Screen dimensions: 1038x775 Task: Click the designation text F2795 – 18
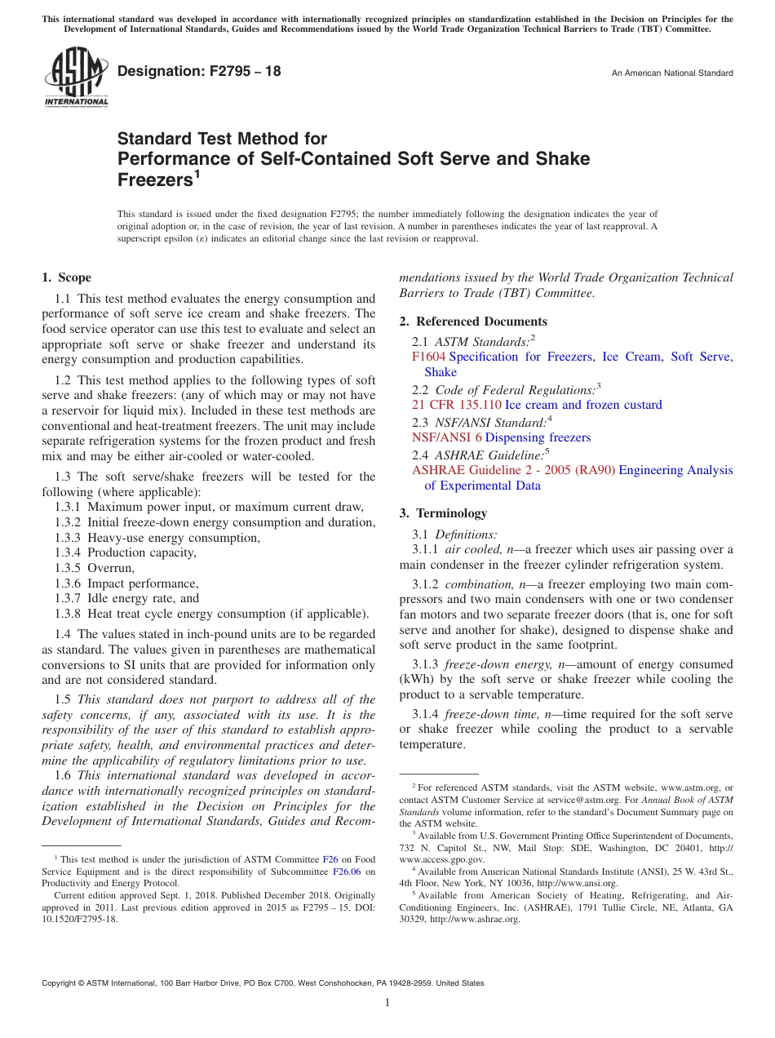199,71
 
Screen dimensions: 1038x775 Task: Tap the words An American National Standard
672,73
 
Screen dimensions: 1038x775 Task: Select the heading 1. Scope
67,277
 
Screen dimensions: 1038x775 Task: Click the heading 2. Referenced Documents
473,322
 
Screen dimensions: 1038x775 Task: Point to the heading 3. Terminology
443,513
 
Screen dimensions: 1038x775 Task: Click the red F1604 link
428,357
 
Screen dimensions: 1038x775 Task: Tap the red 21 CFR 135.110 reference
456,405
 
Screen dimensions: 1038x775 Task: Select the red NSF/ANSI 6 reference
446,437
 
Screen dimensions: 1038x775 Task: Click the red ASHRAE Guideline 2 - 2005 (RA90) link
513,470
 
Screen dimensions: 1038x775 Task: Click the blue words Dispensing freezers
538,437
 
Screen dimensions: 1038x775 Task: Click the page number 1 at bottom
387,1002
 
